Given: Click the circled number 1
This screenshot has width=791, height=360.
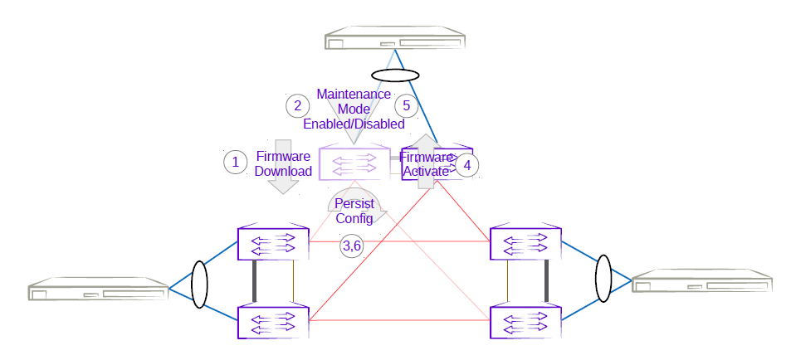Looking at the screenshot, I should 236,162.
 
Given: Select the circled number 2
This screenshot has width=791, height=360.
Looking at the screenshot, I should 296,105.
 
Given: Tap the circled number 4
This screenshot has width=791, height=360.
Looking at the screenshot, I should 467,165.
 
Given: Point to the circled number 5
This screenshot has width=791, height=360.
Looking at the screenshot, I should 406,105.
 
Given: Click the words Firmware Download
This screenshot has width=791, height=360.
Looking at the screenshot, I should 283,163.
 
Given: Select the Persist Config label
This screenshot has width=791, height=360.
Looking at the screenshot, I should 354,212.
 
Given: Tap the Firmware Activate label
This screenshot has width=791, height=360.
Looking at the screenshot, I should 426,164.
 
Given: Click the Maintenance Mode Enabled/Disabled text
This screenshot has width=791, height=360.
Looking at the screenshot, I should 354,109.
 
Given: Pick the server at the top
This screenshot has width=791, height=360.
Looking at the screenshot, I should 394,43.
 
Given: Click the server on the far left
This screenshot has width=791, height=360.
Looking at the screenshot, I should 99,290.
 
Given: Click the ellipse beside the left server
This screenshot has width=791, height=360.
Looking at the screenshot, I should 199,286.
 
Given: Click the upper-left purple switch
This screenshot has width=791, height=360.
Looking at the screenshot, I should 272,242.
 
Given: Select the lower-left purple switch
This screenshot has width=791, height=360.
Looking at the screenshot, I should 272,321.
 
